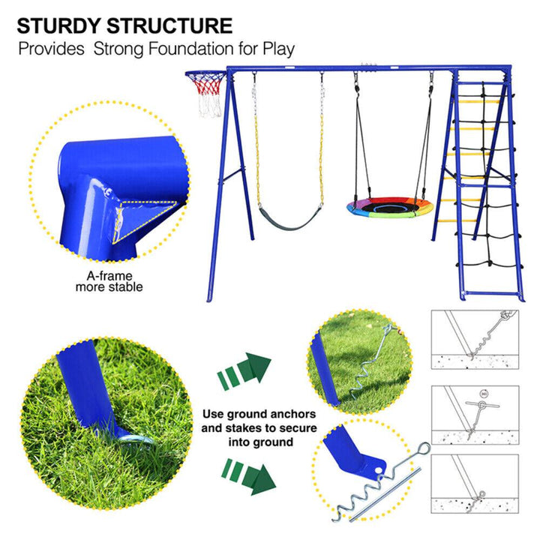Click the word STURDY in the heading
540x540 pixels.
(59, 25)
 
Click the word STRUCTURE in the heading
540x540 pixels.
(169, 25)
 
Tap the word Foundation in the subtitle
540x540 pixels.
(191, 49)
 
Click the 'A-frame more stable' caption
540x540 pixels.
(109, 281)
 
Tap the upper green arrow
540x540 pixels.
(244, 371)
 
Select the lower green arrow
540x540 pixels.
(249, 477)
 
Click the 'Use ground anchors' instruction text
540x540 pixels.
(259, 414)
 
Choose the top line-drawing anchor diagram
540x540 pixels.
(475, 340)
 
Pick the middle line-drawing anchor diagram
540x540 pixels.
(475, 415)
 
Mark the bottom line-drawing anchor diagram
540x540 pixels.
(475, 484)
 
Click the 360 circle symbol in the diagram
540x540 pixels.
(484, 394)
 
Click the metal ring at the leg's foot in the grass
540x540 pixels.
(135, 439)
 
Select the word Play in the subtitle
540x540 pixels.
(279, 49)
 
